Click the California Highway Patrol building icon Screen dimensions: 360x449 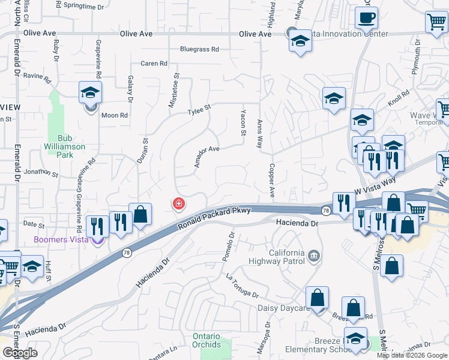[x=313, y=257]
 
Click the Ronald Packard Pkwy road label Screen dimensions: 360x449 [x=214, y=218]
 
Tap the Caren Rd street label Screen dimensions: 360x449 [x=154, y=64]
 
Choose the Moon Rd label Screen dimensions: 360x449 [x=115, y=115]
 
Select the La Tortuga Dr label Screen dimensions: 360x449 [x=242, y=286]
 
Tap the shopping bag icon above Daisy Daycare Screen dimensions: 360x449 [x=316, y=297]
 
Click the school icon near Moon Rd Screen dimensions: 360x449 [x=90, y=92]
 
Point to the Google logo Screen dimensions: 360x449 [x=20, y=352]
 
